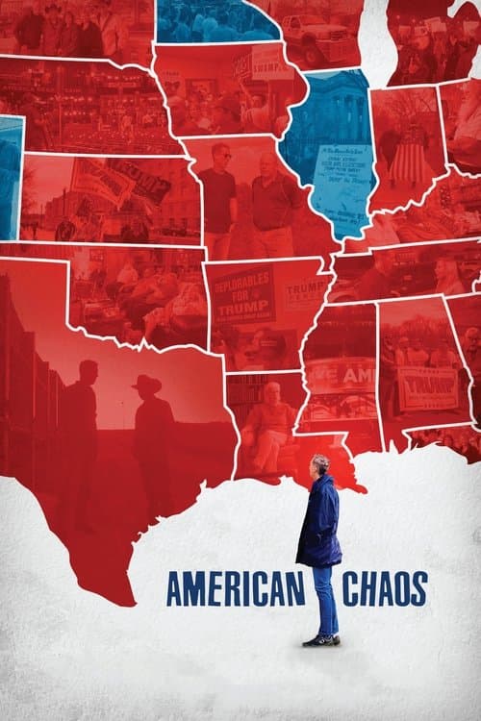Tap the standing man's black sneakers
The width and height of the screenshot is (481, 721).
[x=322, y=639]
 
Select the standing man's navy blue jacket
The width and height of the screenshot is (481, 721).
[x=318, y=519]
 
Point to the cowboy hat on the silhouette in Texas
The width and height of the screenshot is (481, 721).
[x=147, y=384]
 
